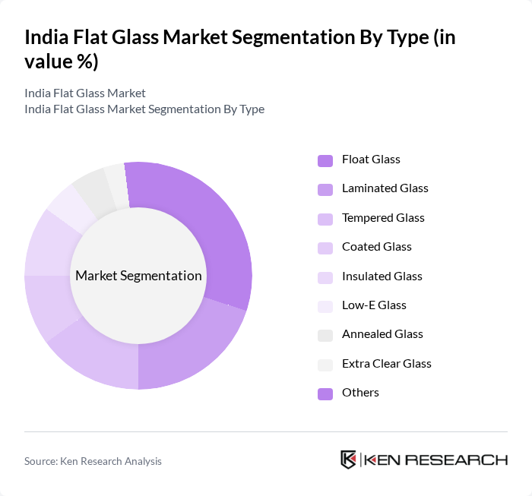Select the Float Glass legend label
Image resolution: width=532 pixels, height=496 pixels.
(x=371, y=160)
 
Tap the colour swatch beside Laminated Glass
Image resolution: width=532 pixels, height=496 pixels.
(x=325, y=189)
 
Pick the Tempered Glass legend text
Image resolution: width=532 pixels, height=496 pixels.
(x=383, y=218)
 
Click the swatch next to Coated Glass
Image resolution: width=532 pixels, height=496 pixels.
(x=325, y=248)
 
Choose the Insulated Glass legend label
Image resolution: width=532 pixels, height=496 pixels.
(x=382, y=276)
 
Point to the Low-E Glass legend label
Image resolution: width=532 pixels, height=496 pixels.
(x=374, y=305)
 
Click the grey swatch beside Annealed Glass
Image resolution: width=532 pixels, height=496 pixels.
(x=325, y=335)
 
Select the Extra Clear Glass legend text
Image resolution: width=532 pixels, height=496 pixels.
(x=386, y=364)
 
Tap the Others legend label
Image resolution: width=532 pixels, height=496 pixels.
(x=360, y=393)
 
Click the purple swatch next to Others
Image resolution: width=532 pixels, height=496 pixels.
(x=325, y=393)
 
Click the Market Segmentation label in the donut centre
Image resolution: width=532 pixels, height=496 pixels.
(x=138, y=276)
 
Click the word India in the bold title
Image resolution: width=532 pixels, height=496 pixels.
(x=47, y=37)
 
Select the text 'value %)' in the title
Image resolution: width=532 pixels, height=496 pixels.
(x=62, y=62)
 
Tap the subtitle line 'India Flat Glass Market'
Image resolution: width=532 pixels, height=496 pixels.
(x=85, y=93)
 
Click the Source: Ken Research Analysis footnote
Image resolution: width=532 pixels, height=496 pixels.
(x=93, y=461)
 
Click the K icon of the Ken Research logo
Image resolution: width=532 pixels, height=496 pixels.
(x=348, y=460)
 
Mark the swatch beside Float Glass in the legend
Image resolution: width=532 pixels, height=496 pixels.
(x=325, y=160)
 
